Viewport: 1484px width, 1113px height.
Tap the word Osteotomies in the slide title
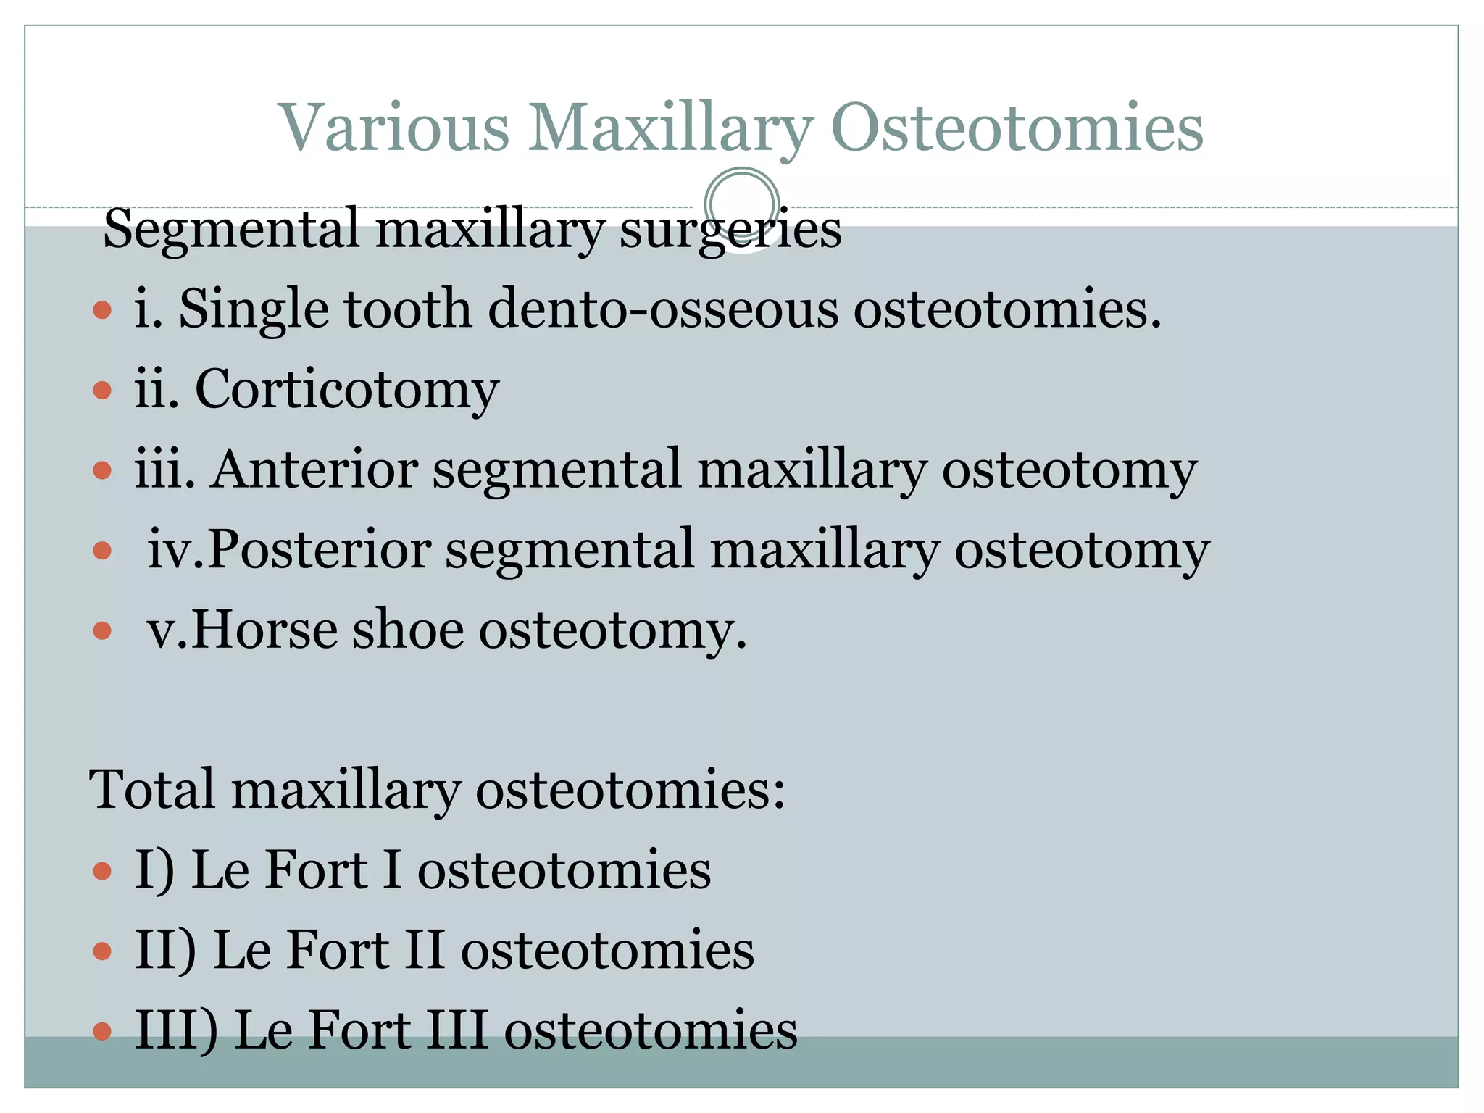(x=1017, y=128)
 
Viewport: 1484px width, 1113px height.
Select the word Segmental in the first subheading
(x=231, y=229)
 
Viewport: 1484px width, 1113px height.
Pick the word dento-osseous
(x=662, y=309)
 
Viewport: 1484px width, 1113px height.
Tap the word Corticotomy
(x=346, y=390)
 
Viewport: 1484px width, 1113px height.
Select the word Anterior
(x=314, y=470)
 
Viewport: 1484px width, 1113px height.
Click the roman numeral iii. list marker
(x=165, y=470)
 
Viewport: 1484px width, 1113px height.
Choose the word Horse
(x=264, y=630)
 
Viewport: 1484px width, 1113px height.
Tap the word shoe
(x=407, y=630)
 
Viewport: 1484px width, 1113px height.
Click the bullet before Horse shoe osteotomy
(x=103, y=631)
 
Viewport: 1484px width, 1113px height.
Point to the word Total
(x=152, y=789)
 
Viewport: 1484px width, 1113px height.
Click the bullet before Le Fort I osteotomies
(x=103, y=870)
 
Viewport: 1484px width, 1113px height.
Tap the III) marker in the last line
(x=176, y=1030)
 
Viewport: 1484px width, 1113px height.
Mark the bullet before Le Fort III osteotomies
(x=103, y=1031)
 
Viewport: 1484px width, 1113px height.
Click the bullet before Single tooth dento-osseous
(x=103, y=311)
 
